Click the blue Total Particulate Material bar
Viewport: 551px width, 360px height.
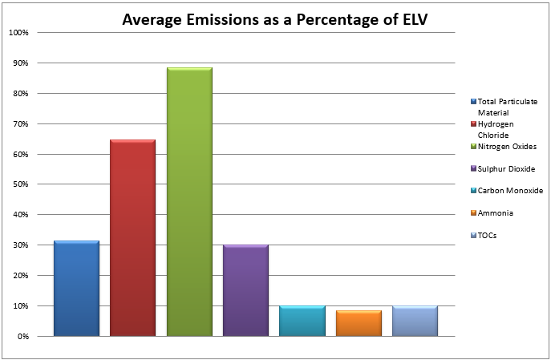(76, 289)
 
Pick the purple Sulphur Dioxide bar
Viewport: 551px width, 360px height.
(245, 290)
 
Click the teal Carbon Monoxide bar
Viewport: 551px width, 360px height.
(302, 321)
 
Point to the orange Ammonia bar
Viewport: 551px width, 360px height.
(359, 323)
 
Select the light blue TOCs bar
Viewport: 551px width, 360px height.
(415, 321)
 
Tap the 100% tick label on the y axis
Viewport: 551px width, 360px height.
(18, 33)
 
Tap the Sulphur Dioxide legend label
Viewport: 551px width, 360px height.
(505, 168)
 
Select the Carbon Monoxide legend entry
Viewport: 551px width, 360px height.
(509, 190)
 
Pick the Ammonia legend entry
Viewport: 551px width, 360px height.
(495, 212)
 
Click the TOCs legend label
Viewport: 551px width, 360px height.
(487, 235)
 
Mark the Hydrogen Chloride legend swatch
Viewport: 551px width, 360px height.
(473, 124)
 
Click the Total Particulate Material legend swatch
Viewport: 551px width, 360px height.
(473, 102)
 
